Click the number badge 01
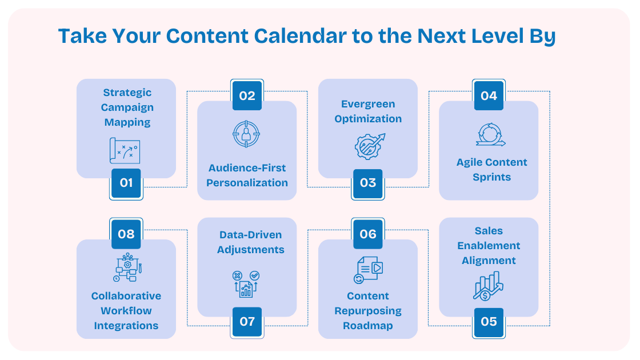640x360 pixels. (x=126, y=183)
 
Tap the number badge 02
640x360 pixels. (x=247, y=95)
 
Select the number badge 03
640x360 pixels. (x=368, y=183)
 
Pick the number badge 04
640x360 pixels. (x=489, y=95)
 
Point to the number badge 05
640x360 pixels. (x=489, y=322)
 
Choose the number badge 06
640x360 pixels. (x=368, y=234)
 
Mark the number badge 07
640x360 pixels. (x=247, y=322)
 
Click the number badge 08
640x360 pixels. (x=126, y=234)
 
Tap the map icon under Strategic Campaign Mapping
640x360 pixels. (x=125, y=150)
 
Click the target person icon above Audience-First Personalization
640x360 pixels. (x=247, y=134)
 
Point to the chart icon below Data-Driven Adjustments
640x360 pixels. (x=246, y=284)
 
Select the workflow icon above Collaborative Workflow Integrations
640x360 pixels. (x=126, y=267)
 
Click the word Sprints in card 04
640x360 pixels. (x=491, y=177)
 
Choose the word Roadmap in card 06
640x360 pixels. (x=368, y=326)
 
